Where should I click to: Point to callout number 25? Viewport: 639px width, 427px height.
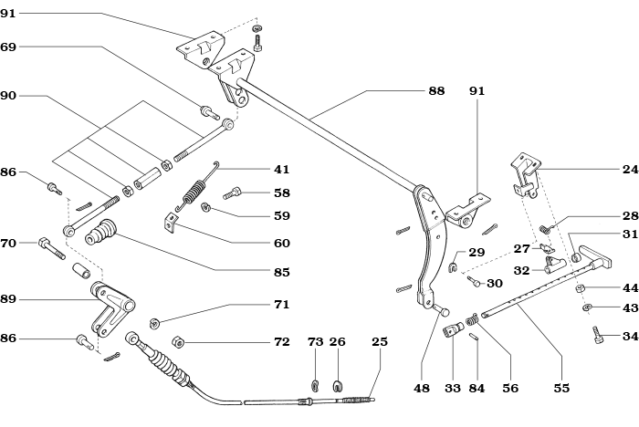pos(380,341)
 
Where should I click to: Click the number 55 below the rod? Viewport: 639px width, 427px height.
pos(561,388)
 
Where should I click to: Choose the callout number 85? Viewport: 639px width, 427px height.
pos(281,272)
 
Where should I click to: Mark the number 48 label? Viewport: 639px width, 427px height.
pos(421,388)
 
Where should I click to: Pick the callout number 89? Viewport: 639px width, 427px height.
pos(8,298)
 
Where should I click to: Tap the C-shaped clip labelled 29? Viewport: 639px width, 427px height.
pos(453,266)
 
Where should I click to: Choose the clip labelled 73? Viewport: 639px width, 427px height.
pos(316,385)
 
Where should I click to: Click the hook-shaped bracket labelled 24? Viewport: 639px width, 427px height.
pos(524,173)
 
